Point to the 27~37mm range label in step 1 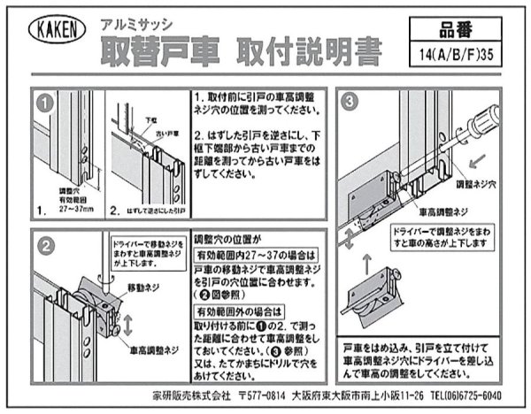pyautogui.click(x=72, y=212)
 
